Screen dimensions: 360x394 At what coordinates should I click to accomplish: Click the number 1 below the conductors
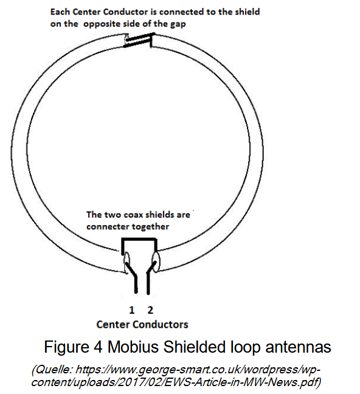click(x=132, y=310)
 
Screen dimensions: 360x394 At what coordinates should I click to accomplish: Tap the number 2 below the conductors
click(x=150, y=310)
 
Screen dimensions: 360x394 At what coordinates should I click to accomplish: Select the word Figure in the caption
click(x=66, y=348)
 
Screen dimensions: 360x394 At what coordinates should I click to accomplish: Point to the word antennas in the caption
click(x=298, y=348)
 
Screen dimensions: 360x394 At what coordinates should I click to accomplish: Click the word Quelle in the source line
click(x=54, y=370)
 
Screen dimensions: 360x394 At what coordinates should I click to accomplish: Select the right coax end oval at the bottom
click(x=156, y=262)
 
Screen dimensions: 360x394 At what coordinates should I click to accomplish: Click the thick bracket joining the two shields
click(x=139, y=240)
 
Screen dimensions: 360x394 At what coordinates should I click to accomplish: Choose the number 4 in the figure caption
click(x=98, y=348)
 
